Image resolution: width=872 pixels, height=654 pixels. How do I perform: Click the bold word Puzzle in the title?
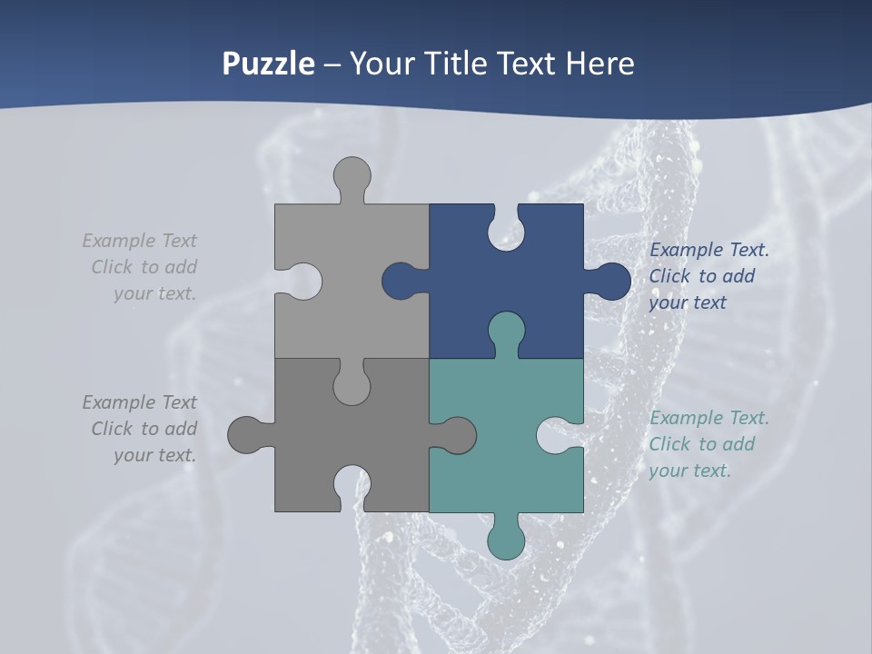(269, 64)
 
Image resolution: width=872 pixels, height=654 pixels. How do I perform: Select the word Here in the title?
(599, 64)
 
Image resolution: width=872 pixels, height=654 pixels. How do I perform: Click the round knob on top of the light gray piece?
(352, 176)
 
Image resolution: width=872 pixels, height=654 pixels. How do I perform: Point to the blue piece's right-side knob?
(610, 282)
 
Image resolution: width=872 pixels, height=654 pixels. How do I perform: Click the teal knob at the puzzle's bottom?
(506, 540)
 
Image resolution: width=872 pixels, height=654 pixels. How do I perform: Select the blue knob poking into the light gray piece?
(400, 282)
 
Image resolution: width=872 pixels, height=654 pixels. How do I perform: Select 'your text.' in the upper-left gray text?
(154, 293)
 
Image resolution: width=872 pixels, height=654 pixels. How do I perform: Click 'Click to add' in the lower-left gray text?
(144, 429)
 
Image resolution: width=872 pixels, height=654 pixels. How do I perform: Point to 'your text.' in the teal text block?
(689, 471)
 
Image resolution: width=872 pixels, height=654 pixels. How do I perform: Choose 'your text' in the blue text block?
(688, 302)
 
